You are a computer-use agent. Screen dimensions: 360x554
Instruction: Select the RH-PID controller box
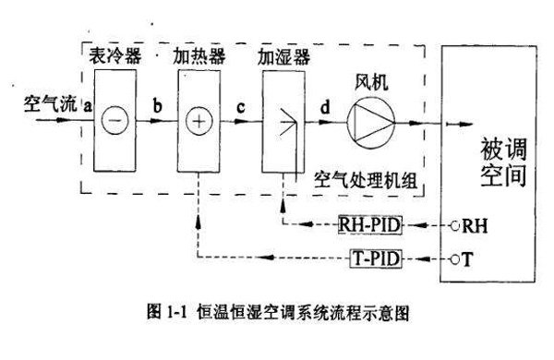370,223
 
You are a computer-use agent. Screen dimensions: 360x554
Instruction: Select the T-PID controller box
375,259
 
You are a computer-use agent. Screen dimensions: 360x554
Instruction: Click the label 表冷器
115,56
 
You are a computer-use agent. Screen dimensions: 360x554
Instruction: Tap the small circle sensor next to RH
454,224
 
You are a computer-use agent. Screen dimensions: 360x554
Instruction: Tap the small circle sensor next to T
454,260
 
